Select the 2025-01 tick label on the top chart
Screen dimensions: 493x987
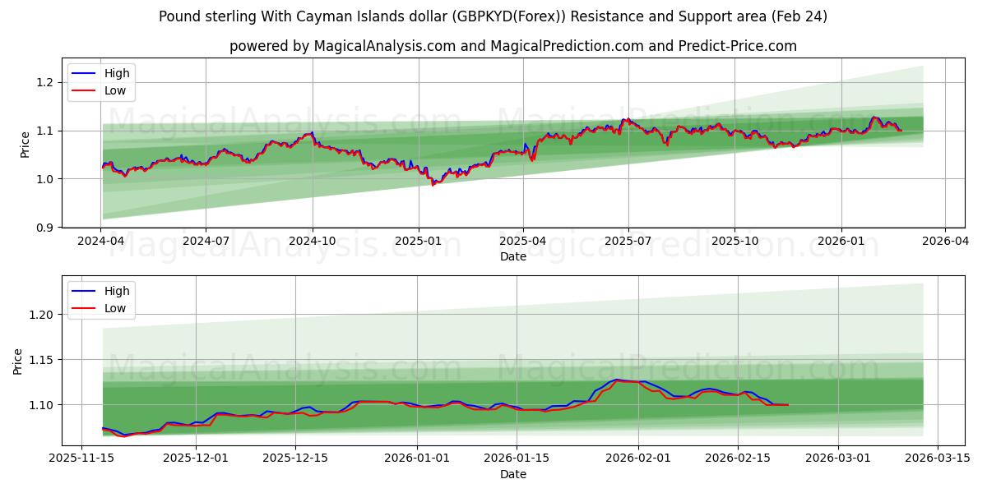pyautogui.click(x=419, y=241)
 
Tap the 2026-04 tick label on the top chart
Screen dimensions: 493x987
pyautogui.click(x=944, y=241)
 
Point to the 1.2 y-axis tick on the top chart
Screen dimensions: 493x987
pyautogui.click(x=45, y=82)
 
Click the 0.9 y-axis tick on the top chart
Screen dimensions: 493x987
pyautogui.click(x=45, y=228)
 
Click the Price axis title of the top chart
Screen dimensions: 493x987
pyautogui.click(x=25, y=144)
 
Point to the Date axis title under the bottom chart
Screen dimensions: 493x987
pyautogui.click(x=513, y=474)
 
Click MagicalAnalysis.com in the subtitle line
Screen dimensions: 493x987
pyautogui.click(x=385, y=46)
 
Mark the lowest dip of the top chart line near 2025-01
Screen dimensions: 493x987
pyautogui.click(x=433, y=185)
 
